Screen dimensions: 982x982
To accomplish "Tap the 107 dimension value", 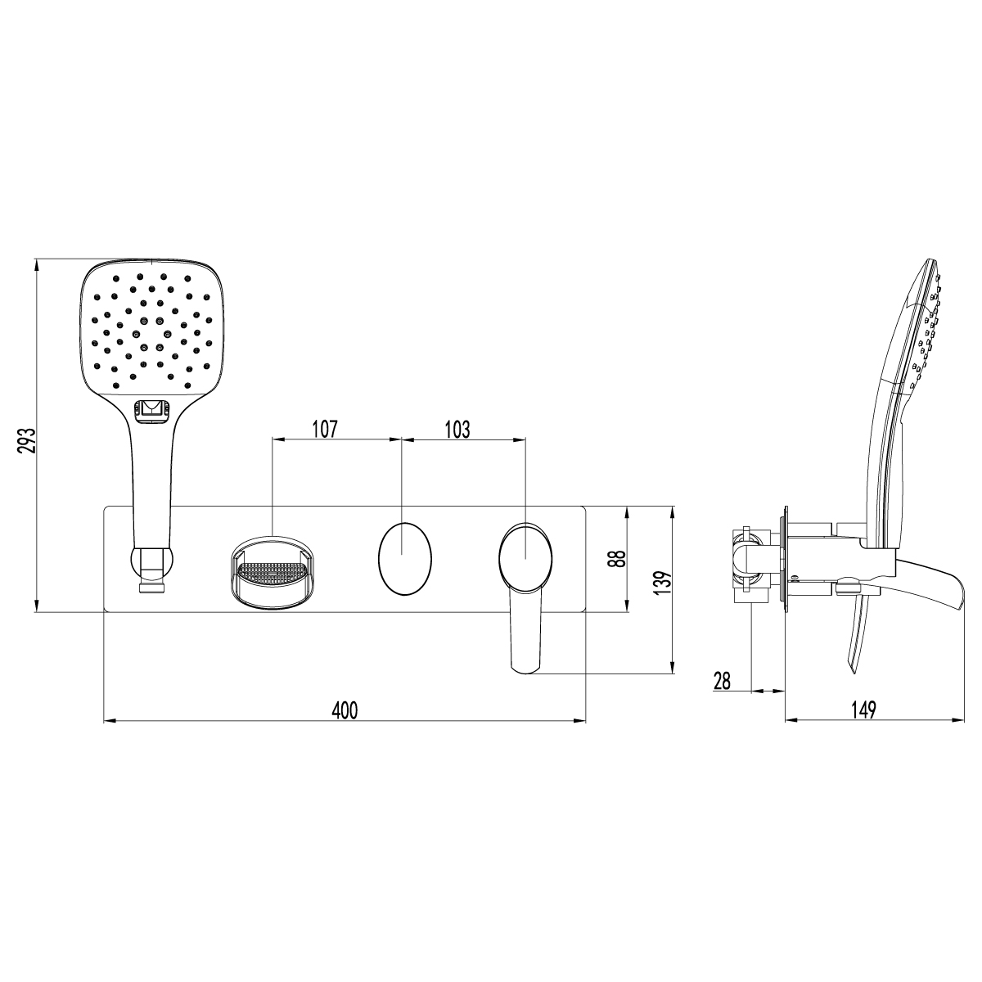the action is coord(325,429).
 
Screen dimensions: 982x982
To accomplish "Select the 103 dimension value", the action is coord(457,429).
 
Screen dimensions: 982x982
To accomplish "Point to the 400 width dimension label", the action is coord(345,709).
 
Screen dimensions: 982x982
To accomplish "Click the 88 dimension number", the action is coord(619,559).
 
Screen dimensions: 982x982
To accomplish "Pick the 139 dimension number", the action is coord(663,583).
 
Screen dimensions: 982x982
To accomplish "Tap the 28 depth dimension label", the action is coord(722,681).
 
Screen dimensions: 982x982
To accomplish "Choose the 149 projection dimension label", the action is coord(863,709).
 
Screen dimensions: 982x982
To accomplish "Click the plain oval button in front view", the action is coord(404,559).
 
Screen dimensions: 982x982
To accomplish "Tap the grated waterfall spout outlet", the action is coord(273,574).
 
